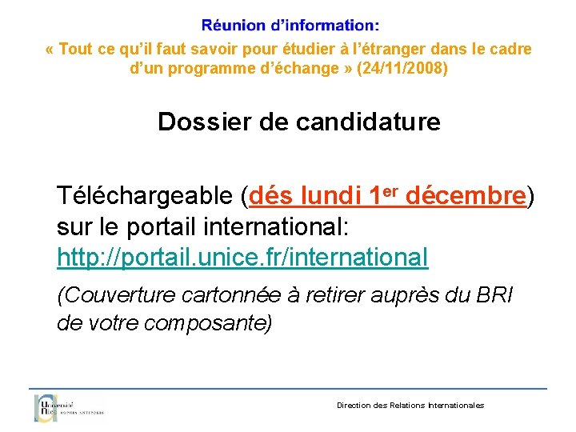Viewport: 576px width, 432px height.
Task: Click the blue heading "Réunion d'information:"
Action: click(x=290, y=27)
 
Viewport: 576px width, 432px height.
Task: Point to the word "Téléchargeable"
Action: click(x=145, y=196)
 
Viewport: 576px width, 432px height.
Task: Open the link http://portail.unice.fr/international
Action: click(x=242, y=258)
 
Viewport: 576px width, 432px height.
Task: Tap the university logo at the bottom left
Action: click(x=68, y=407)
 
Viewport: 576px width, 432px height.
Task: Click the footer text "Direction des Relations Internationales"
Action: click(x=410, y=406)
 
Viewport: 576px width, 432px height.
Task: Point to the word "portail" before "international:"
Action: click(x=166, y=227)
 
